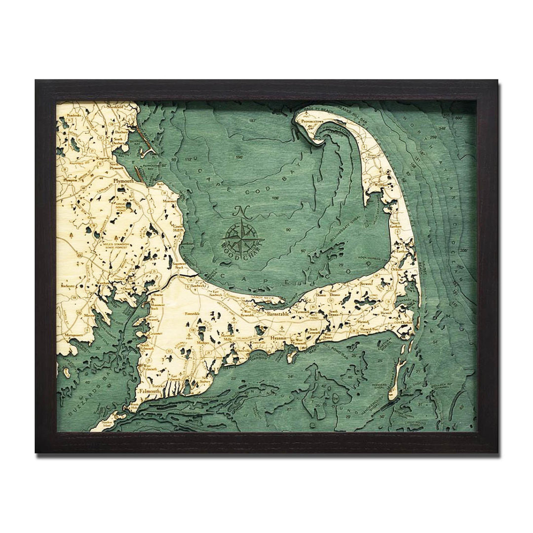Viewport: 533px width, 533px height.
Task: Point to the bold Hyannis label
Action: point(279,338)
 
